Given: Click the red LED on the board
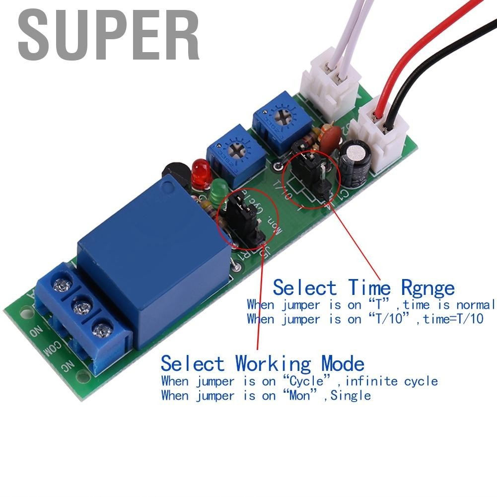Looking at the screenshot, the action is tap(200, 173).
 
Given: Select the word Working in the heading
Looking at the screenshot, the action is tap(273, 364).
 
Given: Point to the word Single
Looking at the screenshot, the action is tap(351, 396).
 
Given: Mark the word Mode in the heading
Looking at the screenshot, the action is tap(343, 364).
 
